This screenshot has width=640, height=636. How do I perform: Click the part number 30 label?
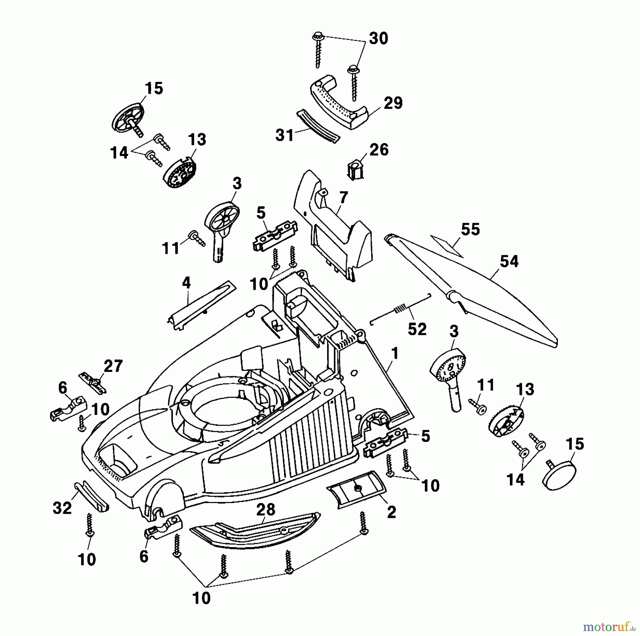[x=378, y=38]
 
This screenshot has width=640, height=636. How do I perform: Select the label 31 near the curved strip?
[x=284, y=135]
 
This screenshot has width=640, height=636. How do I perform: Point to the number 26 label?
[x=379, y=150]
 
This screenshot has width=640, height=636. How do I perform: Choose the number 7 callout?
[x=343, y=197]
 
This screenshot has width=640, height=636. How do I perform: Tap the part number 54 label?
[x=509, y=261]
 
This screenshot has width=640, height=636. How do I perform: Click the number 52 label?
[x=417, y=330]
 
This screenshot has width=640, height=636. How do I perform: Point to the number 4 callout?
[x=186, y=283]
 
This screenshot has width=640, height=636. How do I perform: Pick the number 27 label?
[x=113, y=366]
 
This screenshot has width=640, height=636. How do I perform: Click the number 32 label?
[x=62, y=508]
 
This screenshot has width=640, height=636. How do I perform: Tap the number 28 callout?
[x=266, y=510]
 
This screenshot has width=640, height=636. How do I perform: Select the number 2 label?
[x=391, y=512]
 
